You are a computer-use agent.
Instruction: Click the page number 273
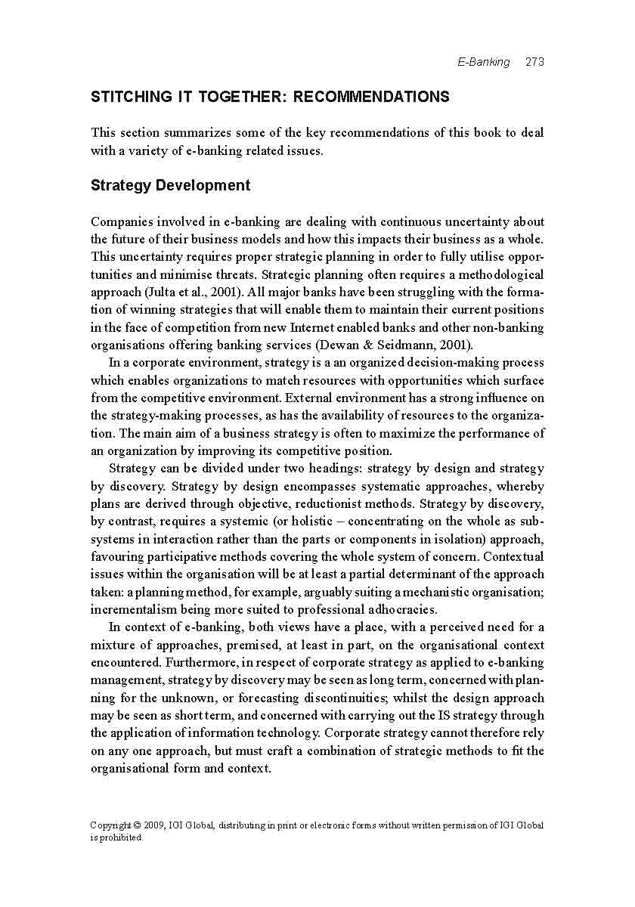(534, 62)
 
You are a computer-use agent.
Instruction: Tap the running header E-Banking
(484, 62)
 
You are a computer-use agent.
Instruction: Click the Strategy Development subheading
(170, 185)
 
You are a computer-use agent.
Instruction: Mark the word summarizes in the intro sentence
(193, 132)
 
